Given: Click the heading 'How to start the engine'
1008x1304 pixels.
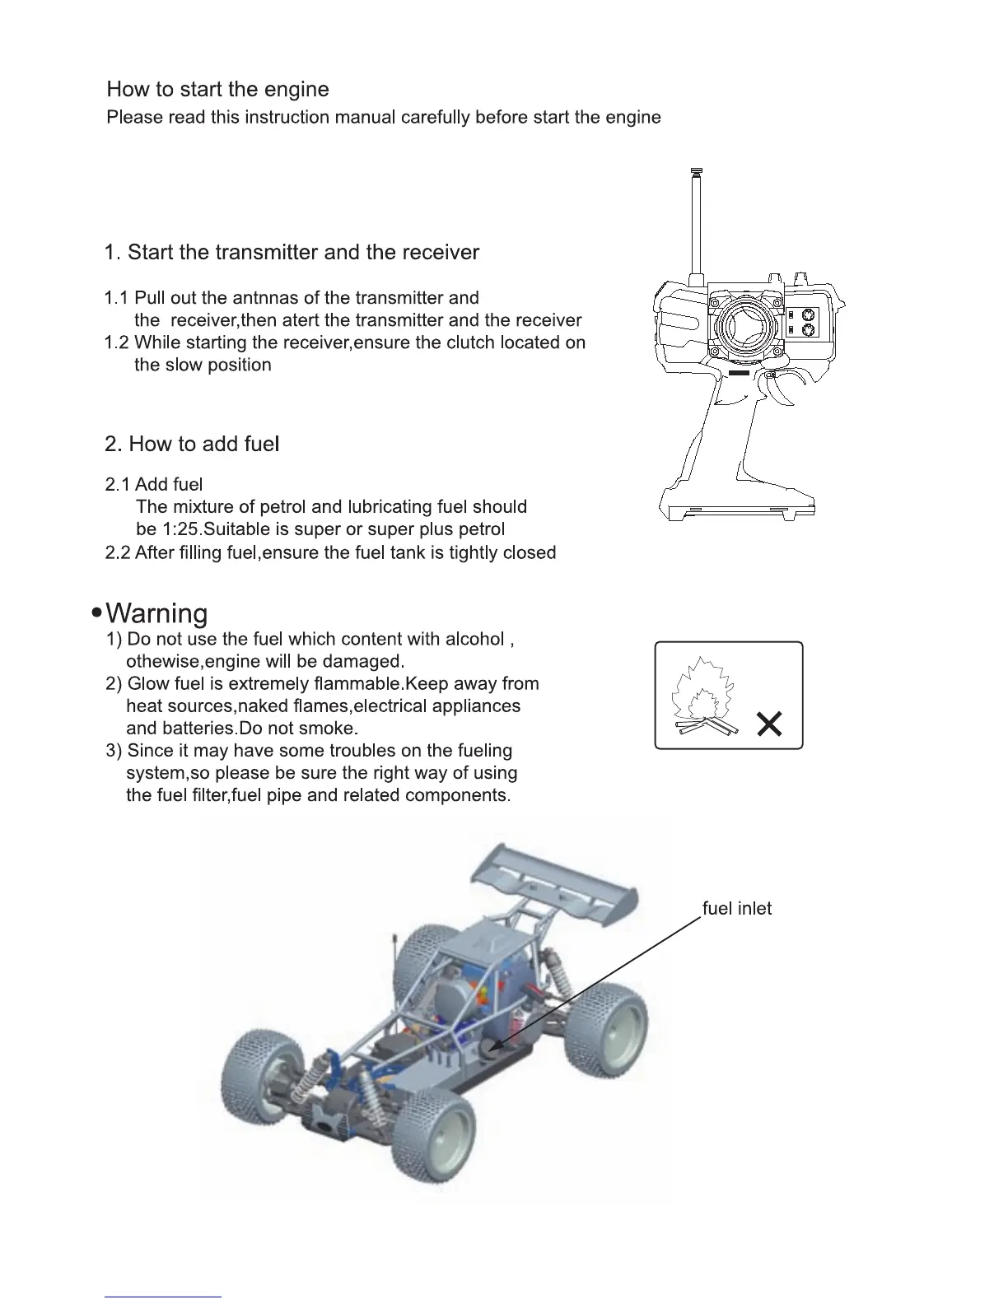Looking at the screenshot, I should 217,90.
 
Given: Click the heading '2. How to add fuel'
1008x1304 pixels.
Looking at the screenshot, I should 192,445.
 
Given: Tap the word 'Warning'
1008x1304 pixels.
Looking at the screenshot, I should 157,613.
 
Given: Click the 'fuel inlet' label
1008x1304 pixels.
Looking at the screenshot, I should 736,909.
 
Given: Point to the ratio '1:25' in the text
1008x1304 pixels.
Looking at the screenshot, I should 179,529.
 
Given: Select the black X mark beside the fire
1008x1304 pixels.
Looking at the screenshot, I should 769,725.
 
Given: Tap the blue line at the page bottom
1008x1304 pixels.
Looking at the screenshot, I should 163,1297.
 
